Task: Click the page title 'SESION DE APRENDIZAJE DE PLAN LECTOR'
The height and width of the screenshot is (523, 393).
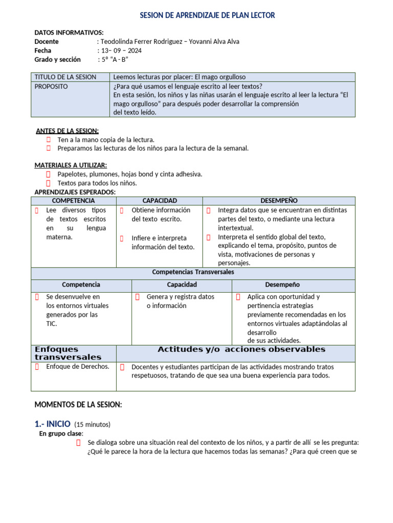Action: [207, 16]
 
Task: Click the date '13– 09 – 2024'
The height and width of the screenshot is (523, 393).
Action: [120, 51]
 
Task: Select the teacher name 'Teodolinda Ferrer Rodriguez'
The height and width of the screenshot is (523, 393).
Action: [140, 41]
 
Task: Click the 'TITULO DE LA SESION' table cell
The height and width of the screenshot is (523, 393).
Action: [65, 77]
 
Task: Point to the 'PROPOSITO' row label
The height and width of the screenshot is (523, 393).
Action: [51, 86]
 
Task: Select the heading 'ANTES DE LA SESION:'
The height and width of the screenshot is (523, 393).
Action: [67, 131]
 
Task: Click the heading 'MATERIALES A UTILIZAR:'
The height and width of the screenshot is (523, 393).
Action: [71, 165]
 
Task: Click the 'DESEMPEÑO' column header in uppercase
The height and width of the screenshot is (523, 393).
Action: [278, 201]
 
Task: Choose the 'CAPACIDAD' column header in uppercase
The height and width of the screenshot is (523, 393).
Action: [160, 201]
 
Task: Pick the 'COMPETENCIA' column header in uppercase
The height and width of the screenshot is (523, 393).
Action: [74, 201]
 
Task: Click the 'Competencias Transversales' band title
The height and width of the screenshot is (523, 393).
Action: [193, 272]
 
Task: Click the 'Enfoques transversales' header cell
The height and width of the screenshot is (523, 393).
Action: [68, 353]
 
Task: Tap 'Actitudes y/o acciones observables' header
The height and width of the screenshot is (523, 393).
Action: [241, 349]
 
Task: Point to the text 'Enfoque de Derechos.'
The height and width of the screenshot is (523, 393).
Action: [77, 366]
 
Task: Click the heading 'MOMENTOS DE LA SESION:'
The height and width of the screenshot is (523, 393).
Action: [78, 405]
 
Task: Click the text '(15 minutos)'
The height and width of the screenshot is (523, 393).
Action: [92, 424]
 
